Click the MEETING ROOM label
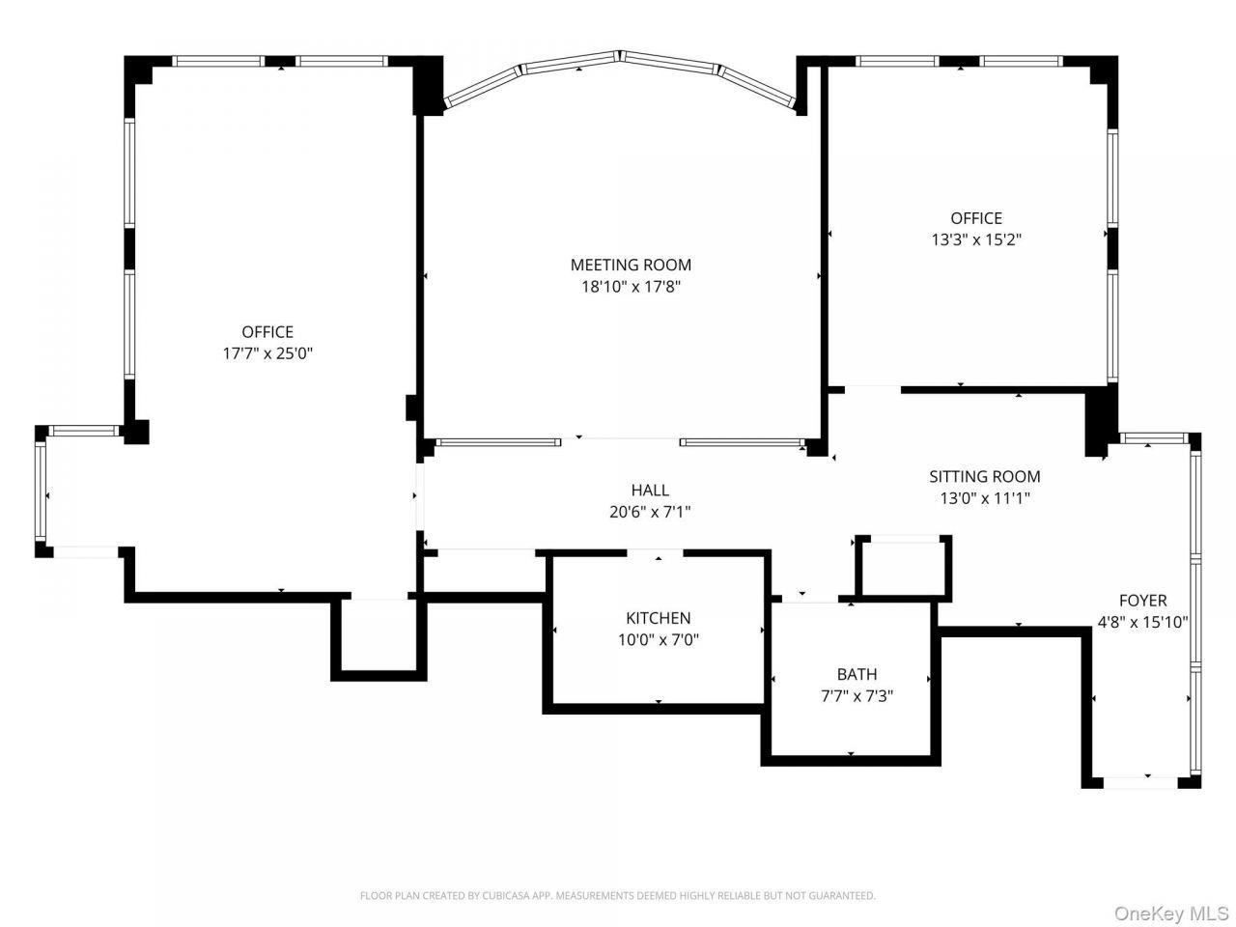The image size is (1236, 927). coord(631,265)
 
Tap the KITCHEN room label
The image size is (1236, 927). coord(659,618)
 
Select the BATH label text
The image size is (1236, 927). coord(857,674)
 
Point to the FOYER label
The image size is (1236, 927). coord(1143,601)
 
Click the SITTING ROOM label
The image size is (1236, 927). coord(985,477)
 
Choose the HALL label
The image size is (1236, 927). coord(651,491)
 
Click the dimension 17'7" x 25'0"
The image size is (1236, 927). coord(267,353)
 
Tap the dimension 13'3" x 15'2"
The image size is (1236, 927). coord(976,239)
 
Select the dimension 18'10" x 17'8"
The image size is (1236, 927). coord(631,287)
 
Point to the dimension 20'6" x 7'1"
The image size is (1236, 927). coord(651,512)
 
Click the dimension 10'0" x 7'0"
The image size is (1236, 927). coord(659,640)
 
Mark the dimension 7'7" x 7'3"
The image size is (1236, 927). coord(857,696)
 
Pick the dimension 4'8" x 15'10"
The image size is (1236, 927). coord(1143,623)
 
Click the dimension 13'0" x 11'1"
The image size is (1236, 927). coord(985,498)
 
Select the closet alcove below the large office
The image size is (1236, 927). coord(379,636)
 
